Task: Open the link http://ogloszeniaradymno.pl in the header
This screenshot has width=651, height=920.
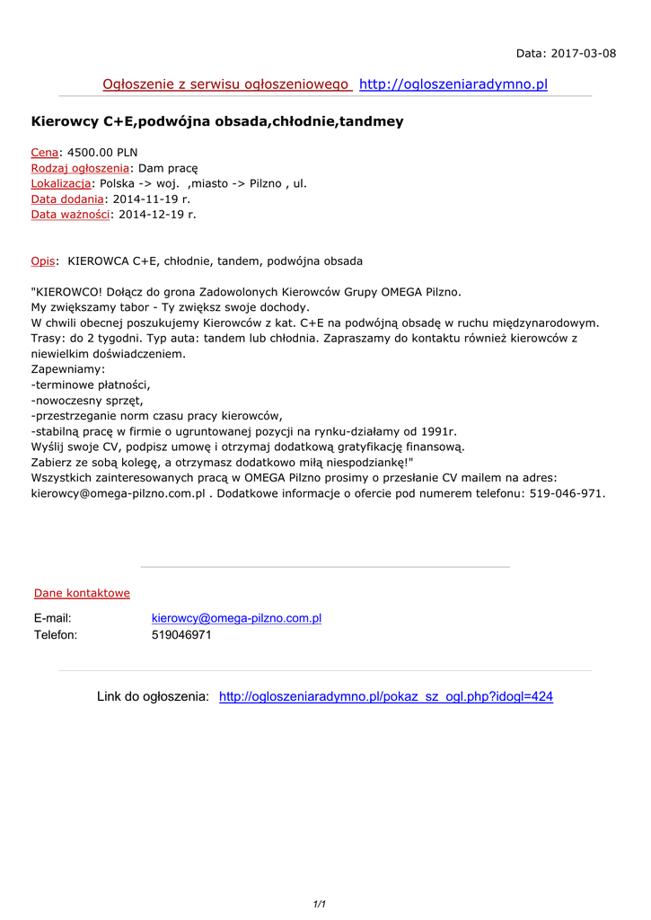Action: [x=453, y=84]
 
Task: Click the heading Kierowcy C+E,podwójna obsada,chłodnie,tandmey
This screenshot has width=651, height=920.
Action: [x=217, y=121]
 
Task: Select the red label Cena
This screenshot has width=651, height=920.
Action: [x=45, y=153]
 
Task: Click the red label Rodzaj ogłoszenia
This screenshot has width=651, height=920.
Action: [x=81, y=168]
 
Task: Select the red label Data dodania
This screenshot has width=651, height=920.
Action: [x=67, y=199]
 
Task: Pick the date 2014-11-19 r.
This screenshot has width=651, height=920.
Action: [x=150, y=199]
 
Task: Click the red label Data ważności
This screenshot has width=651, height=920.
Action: [x=70, y=214]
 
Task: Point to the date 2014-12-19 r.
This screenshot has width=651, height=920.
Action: [x=157, y=214]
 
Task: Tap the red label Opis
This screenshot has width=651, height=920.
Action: [x=43, y=261]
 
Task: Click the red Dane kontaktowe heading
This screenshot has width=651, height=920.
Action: [x=82, y=593]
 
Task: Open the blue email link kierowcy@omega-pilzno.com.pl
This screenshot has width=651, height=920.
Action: [x=236, y=618]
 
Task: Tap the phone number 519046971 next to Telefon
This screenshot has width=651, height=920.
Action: [x=181, y=634]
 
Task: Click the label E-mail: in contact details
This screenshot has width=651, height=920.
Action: [x=52, y=618]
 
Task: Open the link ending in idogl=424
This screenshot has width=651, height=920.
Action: [x=386, y=696]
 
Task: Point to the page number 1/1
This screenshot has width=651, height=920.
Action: [x=319, y=904]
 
